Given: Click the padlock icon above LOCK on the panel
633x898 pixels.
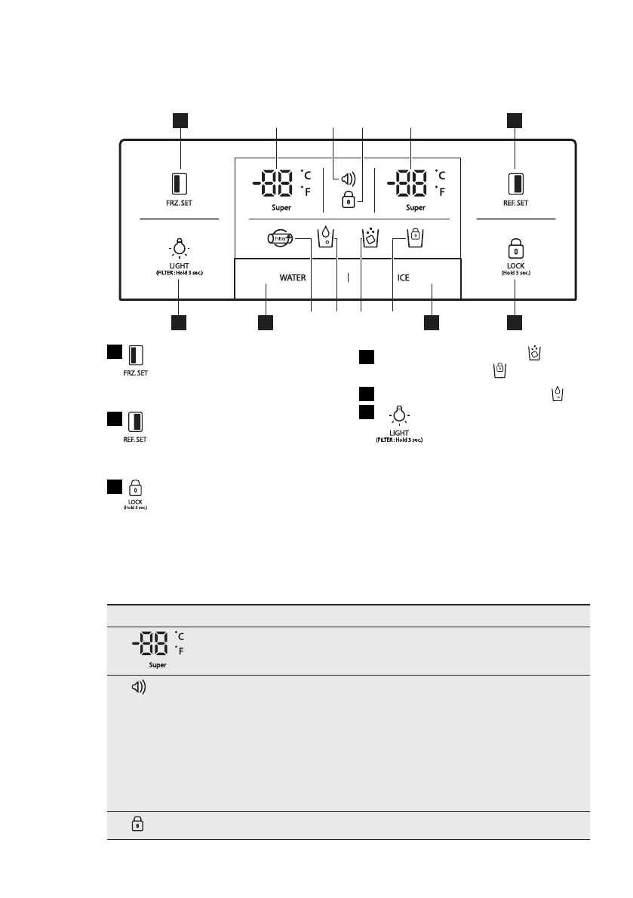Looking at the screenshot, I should point(515,248).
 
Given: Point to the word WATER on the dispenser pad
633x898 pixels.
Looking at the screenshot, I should point(293,277).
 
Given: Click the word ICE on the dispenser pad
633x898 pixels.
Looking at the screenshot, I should point(404,277).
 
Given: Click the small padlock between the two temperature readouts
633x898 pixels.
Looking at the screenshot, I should point(348,201).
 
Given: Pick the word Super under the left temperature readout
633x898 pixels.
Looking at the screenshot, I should point(281,207).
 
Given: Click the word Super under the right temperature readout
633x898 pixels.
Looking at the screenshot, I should point(416,207).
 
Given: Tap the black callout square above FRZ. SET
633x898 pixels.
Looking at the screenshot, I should point(179,119).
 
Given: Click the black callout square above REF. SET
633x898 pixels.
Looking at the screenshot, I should point(515,119).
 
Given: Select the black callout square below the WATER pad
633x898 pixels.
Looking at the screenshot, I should point(266,323).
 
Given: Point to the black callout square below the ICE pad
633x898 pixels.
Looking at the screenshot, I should point(431,323).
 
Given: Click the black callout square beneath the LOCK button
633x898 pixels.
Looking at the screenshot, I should point(515,323).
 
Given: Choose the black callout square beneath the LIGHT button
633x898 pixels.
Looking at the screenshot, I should point(179,323).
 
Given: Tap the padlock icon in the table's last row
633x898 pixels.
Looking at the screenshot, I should point(137,824).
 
